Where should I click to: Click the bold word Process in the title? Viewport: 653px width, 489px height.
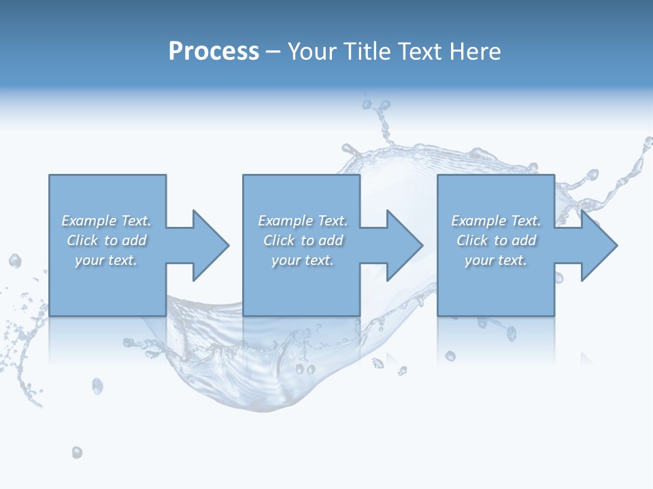(214, 52)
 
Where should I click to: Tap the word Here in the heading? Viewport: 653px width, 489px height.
(476, 52)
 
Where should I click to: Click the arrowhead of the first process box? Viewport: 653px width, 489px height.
(210, 245)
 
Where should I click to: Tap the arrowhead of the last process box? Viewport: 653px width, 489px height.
(599, 245)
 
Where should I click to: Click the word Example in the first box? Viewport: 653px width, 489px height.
(88, 221)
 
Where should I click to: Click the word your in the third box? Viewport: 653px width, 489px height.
(480, 260)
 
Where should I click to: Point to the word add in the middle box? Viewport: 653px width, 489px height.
(331, 240)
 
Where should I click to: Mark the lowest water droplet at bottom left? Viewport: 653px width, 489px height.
(77, 452)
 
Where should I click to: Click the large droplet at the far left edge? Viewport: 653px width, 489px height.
(15, 261)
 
